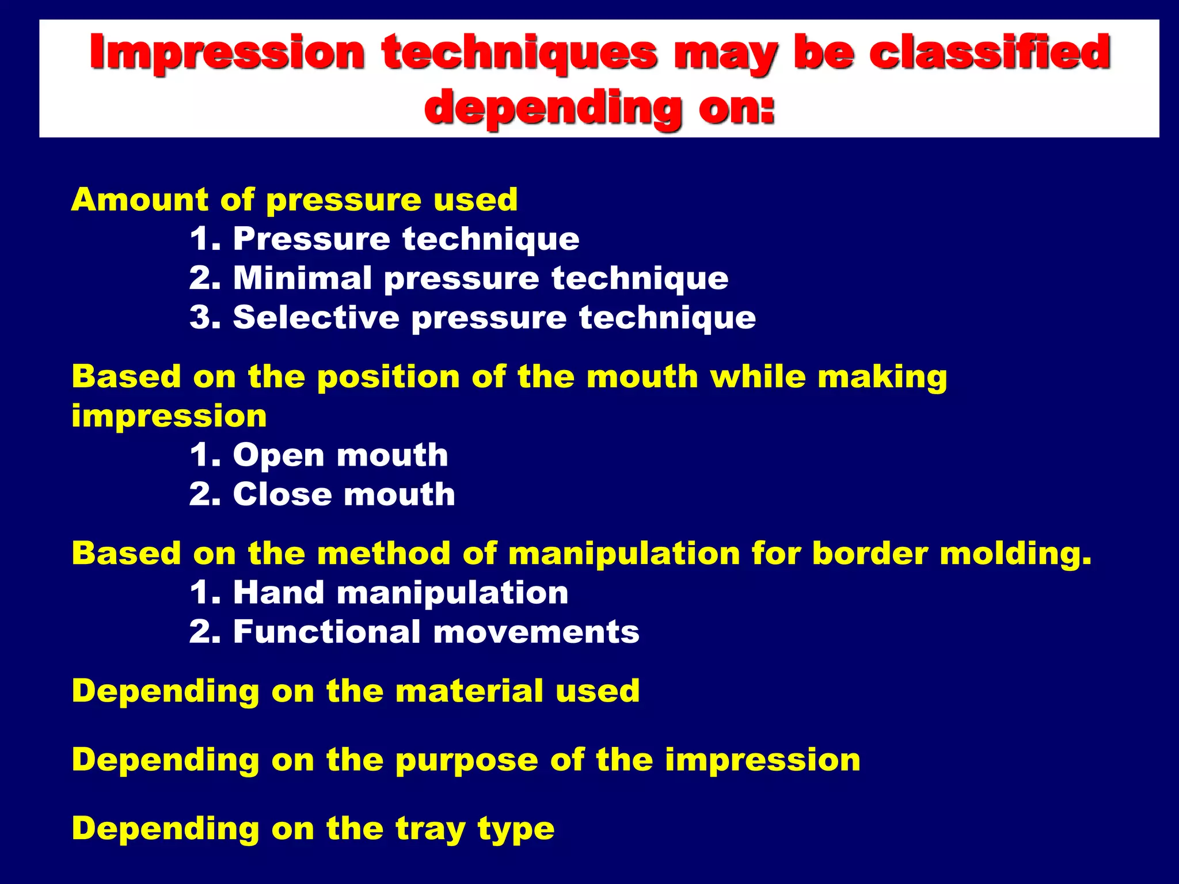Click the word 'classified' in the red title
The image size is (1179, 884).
click(989, 52)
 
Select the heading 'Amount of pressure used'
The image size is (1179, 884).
click(294, 200)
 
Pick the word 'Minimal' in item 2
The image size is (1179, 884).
click(302, 278)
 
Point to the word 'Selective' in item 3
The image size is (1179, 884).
click(316, 317)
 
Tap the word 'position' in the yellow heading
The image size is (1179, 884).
click(388, 378)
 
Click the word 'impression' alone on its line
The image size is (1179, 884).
click(169, 416)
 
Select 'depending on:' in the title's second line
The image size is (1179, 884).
click(599, 108)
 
